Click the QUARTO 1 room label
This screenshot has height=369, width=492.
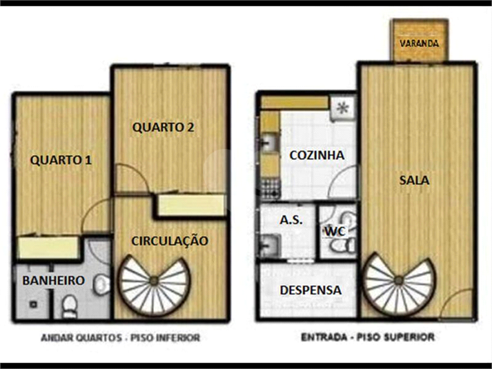(x=61, y=160)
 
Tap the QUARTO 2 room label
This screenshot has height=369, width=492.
(x=163, y=128)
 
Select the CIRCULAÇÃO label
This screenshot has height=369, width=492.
(x=170, y=241)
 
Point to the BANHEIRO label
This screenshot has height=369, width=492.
(x=53, y=280)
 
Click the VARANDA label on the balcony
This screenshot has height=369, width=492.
(x=420, y=43)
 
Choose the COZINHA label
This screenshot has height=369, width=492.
(x=317, y=155)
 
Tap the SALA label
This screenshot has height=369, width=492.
(x=414, y=180)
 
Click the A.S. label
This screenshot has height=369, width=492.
(x=291, y=220)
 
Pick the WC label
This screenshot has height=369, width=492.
(x=335, y=231)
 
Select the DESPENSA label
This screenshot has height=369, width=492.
(x=311, y=290)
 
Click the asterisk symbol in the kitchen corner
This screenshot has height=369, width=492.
(x=342, y=108)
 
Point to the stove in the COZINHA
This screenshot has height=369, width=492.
(x=270, y=188)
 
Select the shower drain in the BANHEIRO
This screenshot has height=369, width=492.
(x=33, y=304)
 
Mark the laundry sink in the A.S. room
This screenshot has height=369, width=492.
(x=270, y=245)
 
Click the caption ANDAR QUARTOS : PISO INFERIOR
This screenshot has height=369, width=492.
(x=121, y=338)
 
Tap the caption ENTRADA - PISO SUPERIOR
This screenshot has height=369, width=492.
(x=368, y=337)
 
